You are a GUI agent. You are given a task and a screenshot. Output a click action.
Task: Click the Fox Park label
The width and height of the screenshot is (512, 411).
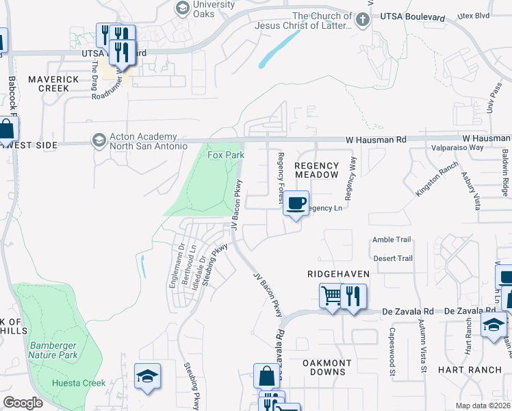coord(226,155)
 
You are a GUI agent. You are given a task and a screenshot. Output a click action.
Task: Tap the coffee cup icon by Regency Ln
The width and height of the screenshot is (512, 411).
coord(296,205)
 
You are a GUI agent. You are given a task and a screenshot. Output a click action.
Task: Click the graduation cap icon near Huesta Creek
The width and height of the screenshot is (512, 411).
coord(148,376)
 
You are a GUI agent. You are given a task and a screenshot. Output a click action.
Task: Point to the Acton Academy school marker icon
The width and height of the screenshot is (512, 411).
coord(99,140)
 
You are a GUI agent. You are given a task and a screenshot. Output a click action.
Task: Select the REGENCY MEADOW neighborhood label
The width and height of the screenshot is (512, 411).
coord(316,170)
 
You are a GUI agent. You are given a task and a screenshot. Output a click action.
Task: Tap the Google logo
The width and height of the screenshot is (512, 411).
coord(23,403)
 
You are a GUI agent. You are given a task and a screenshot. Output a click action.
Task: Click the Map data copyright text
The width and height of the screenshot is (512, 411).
coord(483,406)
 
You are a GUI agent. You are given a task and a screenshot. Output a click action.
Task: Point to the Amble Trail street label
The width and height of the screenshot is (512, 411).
coord(392,240)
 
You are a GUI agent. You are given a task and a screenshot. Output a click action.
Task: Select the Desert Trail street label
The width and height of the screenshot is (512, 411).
coord(392,258)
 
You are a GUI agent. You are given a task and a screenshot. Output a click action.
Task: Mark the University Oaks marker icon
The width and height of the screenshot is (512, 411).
coord(182,8)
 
